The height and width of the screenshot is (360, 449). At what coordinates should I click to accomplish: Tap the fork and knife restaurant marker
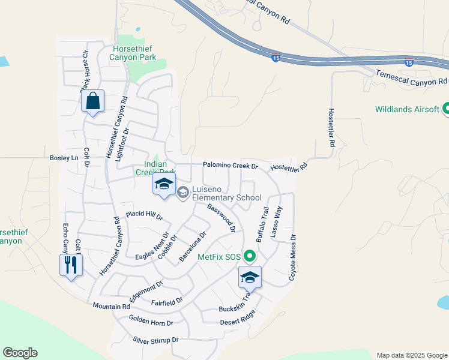pyautogui.click(x=71, y=265)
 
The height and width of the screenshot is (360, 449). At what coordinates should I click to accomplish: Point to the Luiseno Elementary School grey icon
pyautogui.click(x=184, y=193)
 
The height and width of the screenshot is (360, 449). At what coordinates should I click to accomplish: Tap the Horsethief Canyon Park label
pyautogui.click(x=133, y=53)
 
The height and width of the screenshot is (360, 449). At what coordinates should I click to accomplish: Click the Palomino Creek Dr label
pyautogui.click(x=230, y=165)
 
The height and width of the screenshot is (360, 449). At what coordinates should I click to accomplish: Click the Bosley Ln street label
pyautogui.click(x=64, y=158)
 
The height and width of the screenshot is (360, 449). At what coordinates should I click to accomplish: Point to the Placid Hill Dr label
pyautogui.click(x=144, y=215)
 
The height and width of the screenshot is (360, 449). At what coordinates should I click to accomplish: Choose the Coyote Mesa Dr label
pyautogui.click(x=293, y=258)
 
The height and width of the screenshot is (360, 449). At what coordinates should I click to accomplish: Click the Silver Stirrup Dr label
pyautogui.click(x=155, y=340)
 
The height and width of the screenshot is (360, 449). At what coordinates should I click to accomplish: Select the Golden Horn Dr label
pyautogui.click(x=151, y=322)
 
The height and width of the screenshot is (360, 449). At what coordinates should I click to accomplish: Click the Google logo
pyautogui.click(x=20, y=353)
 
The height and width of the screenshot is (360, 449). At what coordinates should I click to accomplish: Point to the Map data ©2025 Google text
pyautogui.click(x=412, y=355)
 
